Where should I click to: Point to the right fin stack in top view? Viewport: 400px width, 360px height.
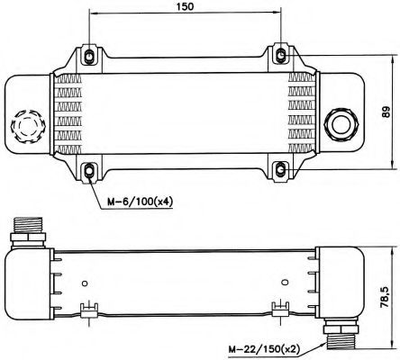[x=300, y=113]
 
